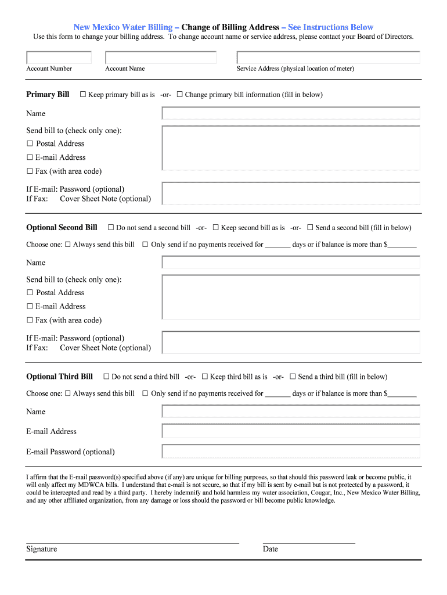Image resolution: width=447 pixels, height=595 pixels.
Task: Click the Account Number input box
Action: click(59, 58)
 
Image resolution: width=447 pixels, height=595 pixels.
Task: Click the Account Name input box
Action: click(161, 58)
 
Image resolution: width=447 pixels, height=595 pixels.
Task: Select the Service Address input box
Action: click(328, 58)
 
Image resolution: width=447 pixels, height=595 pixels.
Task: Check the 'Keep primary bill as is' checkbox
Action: click(83, 95)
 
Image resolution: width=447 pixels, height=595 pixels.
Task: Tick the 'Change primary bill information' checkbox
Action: click(180, 95)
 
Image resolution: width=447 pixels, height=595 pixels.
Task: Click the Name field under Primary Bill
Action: click(291, 113)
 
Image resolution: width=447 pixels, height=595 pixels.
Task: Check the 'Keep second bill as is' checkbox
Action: click(216, 228)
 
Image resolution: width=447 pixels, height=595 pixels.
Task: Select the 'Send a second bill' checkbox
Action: click(311, 228)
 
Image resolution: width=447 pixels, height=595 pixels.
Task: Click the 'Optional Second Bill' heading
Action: click(62, 228)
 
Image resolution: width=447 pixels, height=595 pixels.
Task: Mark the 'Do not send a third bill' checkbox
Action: click(106, 377)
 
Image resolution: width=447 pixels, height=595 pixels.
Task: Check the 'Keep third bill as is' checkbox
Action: click(205, 377)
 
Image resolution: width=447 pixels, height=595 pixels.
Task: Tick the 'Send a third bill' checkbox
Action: click(293, 377)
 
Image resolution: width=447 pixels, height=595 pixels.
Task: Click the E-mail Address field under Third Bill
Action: click(291, 431)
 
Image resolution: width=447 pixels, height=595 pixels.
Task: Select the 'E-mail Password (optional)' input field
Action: click(291, 451)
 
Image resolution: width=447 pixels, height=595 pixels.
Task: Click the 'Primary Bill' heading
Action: click(48, 95)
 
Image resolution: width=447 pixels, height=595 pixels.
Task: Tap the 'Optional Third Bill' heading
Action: click(59, 377)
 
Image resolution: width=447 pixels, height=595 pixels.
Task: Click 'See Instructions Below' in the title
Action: click(330, 27)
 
